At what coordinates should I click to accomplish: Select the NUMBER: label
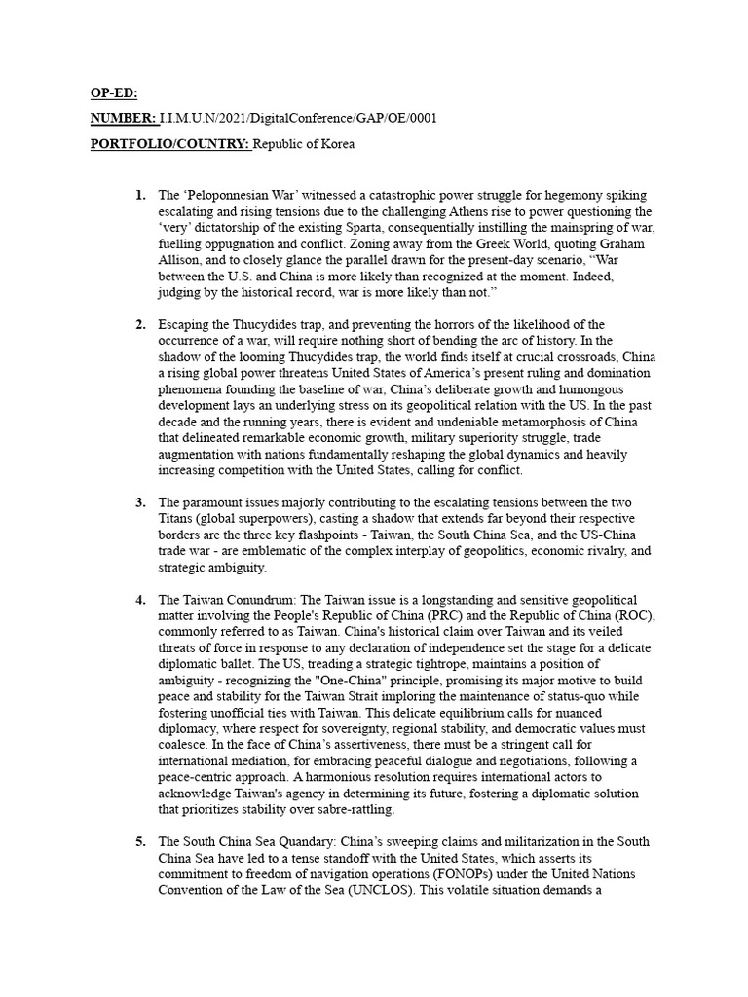124,119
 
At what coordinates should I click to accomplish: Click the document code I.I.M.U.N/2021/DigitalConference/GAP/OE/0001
299,119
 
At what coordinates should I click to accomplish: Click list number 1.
140,196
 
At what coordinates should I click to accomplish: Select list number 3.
140,501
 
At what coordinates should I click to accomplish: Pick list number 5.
140,841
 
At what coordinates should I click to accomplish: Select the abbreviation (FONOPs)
420,872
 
